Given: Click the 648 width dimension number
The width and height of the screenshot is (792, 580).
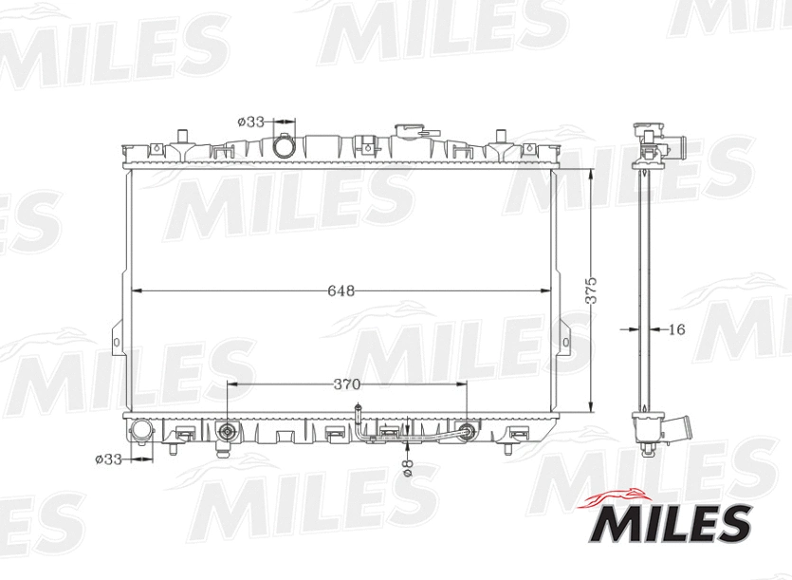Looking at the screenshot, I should coord(341,291).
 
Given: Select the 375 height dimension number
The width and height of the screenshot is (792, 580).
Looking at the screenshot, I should coord(591,290).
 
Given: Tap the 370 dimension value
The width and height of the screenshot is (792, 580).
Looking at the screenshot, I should coord(346,384).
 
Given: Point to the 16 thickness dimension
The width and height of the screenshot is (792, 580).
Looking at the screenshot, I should coord(676,329).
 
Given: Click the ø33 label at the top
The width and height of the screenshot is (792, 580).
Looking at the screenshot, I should coord(250,122).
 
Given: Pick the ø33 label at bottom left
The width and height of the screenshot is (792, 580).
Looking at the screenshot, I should coord(109,458).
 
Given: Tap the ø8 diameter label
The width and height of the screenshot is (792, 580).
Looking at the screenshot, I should coord(407,467).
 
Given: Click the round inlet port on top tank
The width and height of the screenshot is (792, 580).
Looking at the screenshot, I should coord(284,148).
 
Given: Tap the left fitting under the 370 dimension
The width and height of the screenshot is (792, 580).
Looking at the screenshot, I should coord(227,433).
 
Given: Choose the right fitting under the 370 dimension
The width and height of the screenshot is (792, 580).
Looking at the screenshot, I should coord(466,431).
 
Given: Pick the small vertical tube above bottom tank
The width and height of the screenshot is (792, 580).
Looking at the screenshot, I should coord(358,414).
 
